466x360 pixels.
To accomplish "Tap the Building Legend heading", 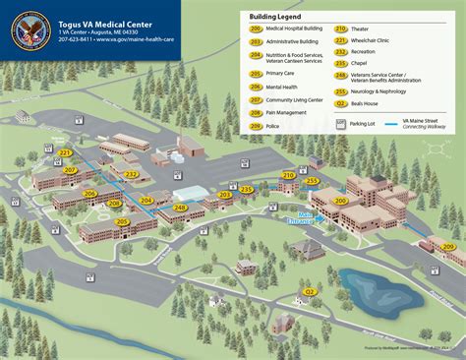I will [x=275, y=17].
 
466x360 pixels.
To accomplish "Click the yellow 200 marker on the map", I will [x=341, y=201].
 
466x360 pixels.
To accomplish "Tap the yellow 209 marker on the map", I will [x=447, y=245].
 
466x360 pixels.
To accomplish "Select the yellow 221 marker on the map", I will [x=66, y=153].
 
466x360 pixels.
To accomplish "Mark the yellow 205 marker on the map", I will [x=122, y=222].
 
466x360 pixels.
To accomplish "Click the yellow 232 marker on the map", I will [x=131, y=173].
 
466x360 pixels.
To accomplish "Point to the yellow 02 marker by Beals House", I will [x=311, y=291].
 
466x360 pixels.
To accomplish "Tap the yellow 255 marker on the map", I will [x=313, y=181].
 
